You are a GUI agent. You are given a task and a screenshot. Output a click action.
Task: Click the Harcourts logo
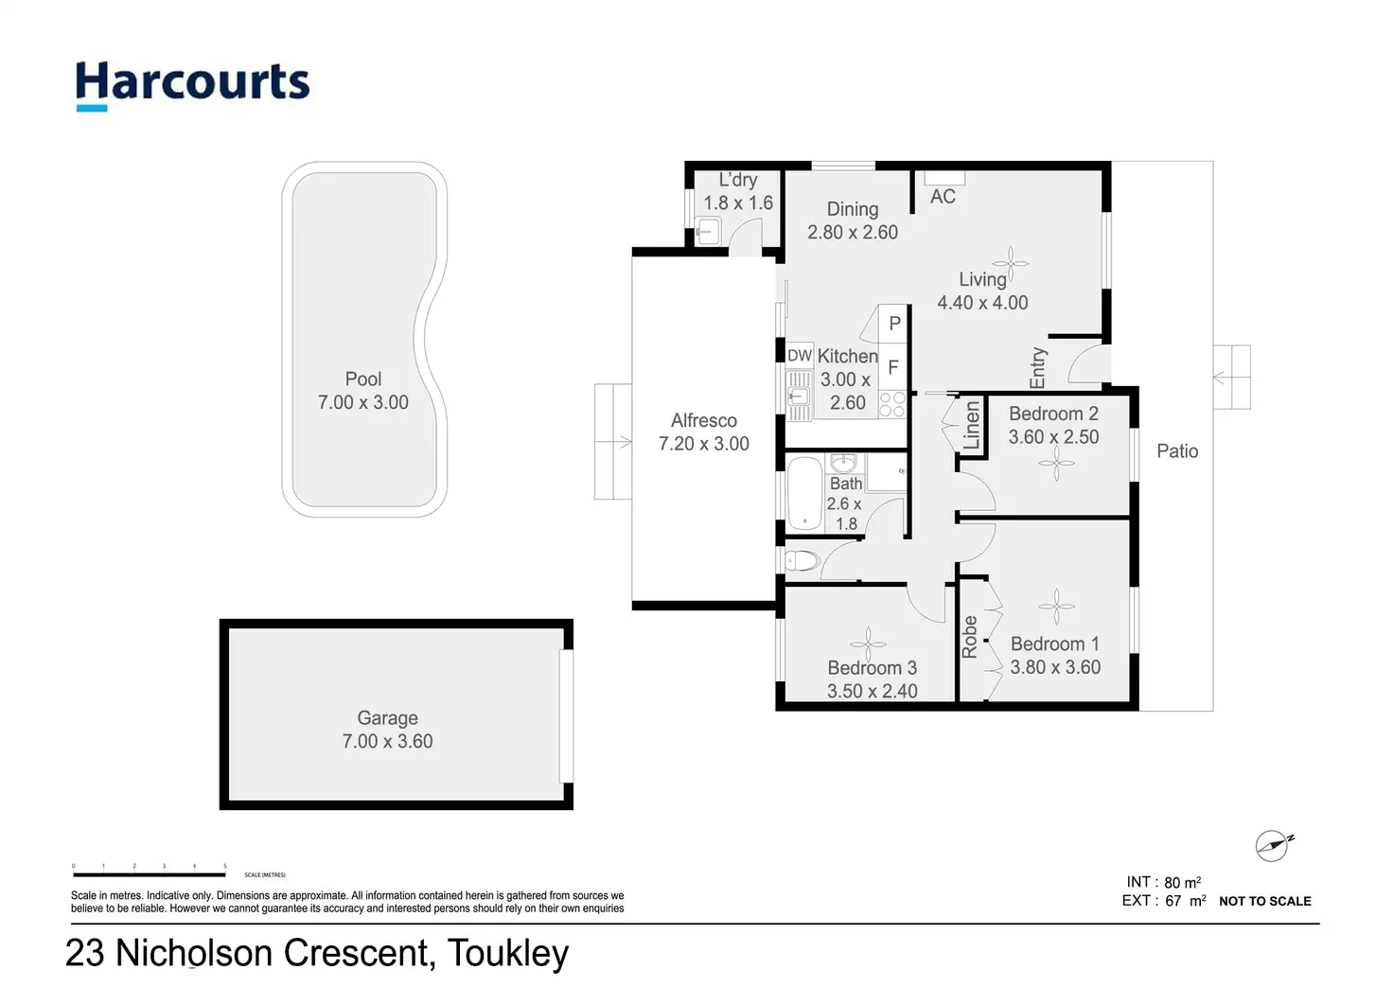pyautogui.click(x=192, y=83)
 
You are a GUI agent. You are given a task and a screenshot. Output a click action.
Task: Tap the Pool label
pyautogui.click(x=363, y=379)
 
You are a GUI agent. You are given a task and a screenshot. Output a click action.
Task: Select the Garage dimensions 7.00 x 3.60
pyautogui.click(x=387, y=742)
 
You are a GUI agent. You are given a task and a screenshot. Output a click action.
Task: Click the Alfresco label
pyautogui.click(x=703, y=420)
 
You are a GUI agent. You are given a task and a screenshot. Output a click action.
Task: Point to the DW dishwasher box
pyautogui.click(x=800, y=356)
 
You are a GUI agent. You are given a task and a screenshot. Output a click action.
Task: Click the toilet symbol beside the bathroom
pyautogui.click(x=802, y=560)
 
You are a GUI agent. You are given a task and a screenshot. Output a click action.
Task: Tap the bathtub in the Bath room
pyautogui.click(x=805, y=493)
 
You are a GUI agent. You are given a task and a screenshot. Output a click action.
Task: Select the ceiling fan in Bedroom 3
pyautogui.click(x=867, y=643)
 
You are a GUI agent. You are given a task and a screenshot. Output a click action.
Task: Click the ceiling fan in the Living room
pyautogui.click(x=1010, y=264)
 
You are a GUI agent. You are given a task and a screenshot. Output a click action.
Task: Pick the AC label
pyautogui.click(x=943, y=197)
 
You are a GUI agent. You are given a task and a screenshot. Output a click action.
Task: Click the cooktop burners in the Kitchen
pyautogui.click(x=892, y=405)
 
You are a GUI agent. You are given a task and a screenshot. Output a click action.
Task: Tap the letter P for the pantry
pyautogui.click(x=894, y=324)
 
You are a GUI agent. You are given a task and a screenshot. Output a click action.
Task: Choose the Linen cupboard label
pyautogui.click(x=972, y=426)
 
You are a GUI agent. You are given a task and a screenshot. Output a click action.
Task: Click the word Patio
pyautogui.click(x=1177, y=451)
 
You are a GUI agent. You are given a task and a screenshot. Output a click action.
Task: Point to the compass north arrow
pyautogui.click(x=1272, y=845)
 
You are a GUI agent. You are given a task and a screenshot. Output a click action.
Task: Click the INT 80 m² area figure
pyautogui.click(x=1163, y=882)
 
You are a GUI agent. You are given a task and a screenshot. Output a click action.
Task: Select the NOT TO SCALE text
pyautogui.click(x=1264, y=901)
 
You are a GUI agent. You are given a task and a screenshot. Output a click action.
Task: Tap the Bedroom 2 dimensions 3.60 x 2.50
pyautogui.click(x=1053, y=437)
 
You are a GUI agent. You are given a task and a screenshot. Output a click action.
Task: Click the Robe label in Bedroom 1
pyautogui.click(x=970, y=637)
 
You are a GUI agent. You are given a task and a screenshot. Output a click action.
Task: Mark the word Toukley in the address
pyautogui.click(x=508, y=953)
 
